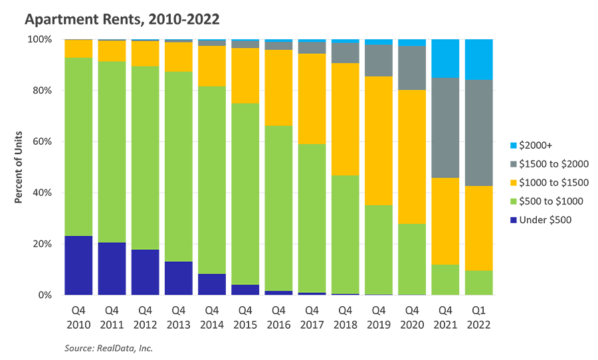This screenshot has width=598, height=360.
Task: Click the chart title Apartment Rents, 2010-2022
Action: click(x=122, y=19)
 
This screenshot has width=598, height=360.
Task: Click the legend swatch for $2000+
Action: click(x=512, y=145)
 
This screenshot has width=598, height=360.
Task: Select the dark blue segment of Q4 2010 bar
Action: click(x=78, y=265)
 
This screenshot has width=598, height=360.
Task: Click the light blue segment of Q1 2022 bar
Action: click(x=478, y=59)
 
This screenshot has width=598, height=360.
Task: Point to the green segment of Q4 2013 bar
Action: click(x=178, y=166)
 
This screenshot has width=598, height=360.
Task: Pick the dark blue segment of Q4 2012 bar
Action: click(x=145, y=272)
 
